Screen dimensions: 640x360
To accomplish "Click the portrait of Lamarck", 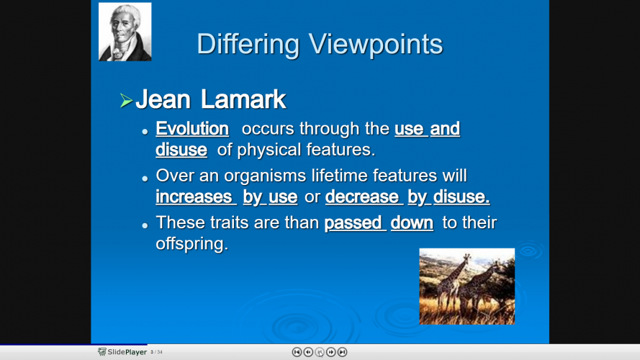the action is [x=125, y=32].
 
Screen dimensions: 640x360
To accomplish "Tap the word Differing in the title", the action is [x=248, y=44].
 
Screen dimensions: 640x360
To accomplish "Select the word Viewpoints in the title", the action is [x=376, y=44].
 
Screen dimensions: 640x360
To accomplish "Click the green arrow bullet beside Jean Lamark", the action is [x=126, y=100].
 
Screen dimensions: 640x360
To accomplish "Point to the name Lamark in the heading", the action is [x=243, y=99].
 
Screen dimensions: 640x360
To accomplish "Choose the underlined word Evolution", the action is [x=192, y=129].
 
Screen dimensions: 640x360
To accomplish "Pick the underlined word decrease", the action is [x=361, y=197].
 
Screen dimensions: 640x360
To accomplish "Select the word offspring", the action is [x=191, y=243].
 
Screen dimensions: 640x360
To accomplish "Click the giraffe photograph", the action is [x=467, y=287].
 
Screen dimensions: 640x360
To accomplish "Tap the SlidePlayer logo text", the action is [x=127, y=352].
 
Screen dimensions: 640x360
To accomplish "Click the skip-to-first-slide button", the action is [x=297, y=352].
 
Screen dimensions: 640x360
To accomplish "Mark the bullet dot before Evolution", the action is [x=145, y=132].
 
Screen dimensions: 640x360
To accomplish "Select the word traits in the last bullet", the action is [x=229, y=223].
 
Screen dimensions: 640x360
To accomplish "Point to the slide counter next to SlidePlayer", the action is [x=156, y=352].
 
